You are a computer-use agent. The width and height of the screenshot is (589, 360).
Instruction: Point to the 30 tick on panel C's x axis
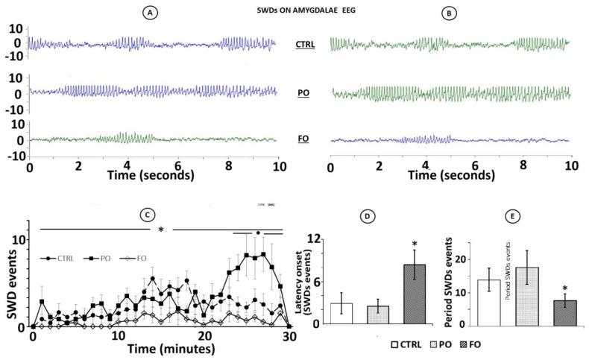[x=289, y=336]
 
